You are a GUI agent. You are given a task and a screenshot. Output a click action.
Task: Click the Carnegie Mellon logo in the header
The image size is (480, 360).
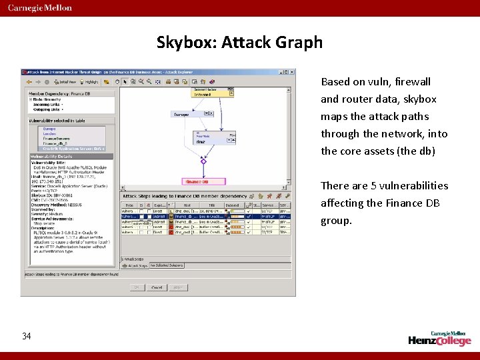click(40, 8)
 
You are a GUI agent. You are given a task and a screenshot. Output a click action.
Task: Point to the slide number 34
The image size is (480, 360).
click(27, 336)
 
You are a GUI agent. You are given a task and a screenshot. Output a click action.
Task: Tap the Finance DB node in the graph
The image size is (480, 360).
click(197, 181)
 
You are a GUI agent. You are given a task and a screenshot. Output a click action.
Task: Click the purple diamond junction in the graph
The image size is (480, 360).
click(204, 161)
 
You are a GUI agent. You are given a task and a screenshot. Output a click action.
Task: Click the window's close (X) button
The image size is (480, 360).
click(291, 72)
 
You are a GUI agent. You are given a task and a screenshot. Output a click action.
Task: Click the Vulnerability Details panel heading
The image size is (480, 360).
click(51, 156)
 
